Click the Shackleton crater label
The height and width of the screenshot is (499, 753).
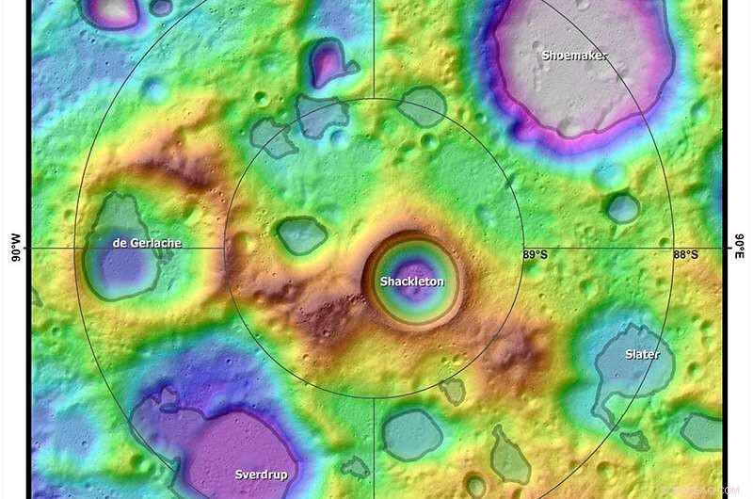tap(411, 282)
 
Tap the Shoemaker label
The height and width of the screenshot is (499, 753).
tap(574, 56)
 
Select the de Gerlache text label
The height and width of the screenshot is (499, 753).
tap(147, 243)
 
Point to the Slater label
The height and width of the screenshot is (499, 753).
tap(642, 355)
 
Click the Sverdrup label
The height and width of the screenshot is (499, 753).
tap(262, 474)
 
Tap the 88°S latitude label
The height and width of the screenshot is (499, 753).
tap(685, 255)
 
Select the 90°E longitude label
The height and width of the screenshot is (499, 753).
tap(738, 249)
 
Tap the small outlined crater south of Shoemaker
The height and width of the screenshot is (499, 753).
tap(622, 207)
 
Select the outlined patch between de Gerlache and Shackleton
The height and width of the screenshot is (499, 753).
tap(302, 235)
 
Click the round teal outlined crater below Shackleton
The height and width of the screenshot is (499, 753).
tap(411, 433)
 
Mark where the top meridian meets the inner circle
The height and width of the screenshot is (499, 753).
tap(374, 98)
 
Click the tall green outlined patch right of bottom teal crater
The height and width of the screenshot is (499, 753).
tap(509, 456)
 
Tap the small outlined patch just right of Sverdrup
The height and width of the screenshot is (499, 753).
tap(355, 467)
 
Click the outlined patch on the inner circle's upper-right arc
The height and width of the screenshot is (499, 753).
tap(422, 106)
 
